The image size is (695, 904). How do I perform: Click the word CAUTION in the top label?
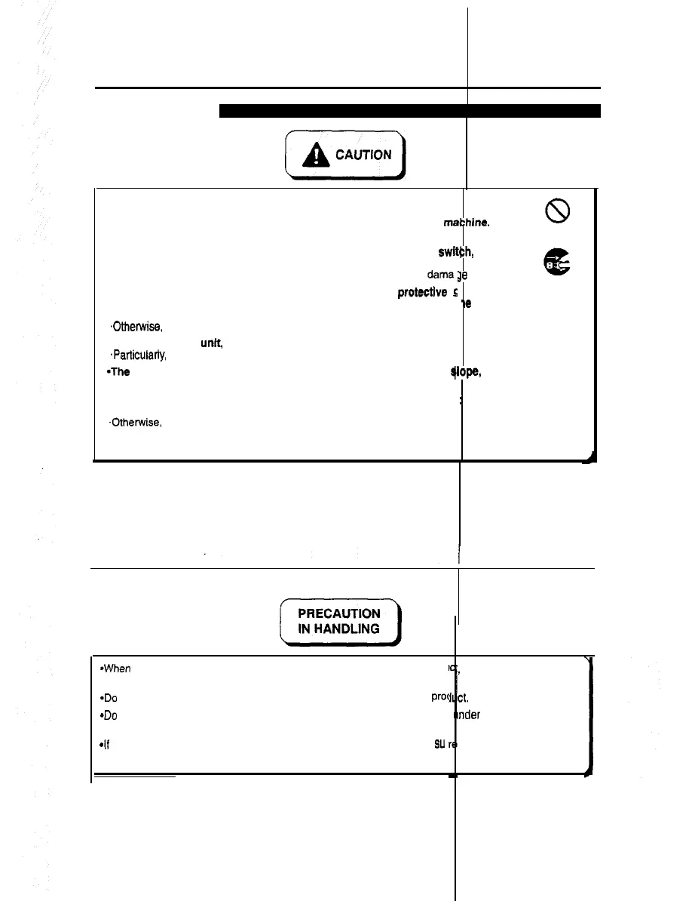(364, 155)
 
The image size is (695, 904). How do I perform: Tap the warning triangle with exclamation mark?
(313, 155)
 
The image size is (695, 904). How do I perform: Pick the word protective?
(424, 293)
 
